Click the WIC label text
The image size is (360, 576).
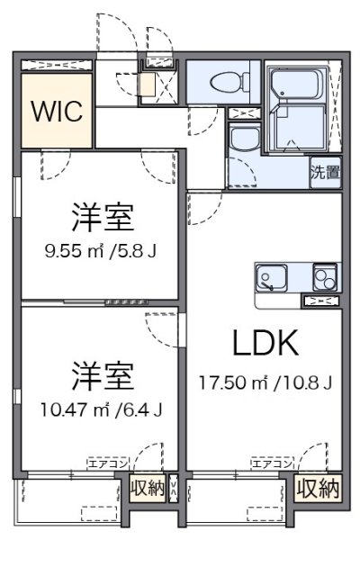[58, 112]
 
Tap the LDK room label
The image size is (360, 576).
[265, 342]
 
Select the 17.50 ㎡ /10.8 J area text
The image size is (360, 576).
[266, 382]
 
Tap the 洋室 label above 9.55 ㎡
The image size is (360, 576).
[103, 218]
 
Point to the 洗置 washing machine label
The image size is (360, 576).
[325, 172]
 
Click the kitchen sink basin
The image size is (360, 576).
[271, 276]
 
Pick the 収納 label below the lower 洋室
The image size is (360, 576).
[147, 490]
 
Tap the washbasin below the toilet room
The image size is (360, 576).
[240, 140]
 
